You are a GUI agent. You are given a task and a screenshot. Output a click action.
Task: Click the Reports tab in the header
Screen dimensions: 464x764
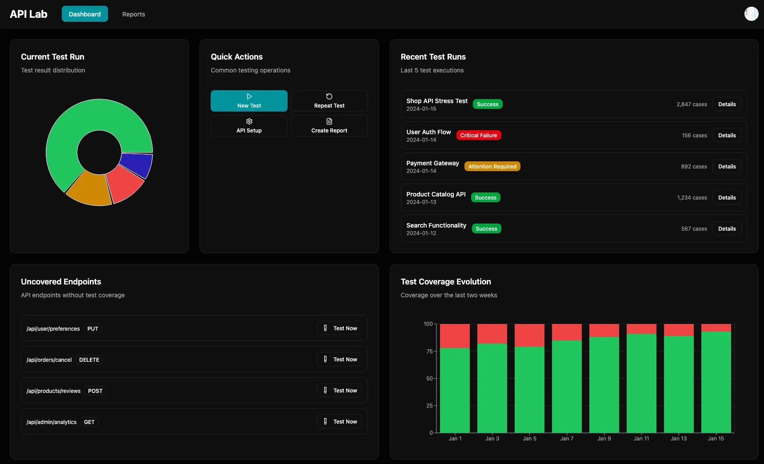click(x=133, y=14)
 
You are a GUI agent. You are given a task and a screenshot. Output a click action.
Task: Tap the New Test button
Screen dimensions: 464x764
click(x=249, y=101)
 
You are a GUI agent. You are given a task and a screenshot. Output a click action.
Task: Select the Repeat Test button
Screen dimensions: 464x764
click(x=329, y=101)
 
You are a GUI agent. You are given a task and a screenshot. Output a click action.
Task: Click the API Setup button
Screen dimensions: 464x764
click(x=249, y=126)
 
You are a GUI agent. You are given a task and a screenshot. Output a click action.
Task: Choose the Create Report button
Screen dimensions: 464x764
click(x=329, y=126)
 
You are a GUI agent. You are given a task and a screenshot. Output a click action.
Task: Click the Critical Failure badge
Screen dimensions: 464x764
click(x=478, y=136)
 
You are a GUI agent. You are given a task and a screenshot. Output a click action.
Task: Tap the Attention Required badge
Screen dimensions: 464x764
click(x=492, y=167)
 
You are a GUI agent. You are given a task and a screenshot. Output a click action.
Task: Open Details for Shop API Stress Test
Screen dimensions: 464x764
click(x=727, y=104)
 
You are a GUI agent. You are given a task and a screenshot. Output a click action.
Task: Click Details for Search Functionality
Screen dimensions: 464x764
click(x=727, y=229)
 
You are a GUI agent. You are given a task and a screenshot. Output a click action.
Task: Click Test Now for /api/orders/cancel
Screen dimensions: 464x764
click(x=340, y=360)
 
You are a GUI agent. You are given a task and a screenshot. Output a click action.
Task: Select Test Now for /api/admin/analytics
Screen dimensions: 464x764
click(x=340, y=422)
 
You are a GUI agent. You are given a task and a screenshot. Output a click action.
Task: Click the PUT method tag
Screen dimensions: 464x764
click(x=92, y=329)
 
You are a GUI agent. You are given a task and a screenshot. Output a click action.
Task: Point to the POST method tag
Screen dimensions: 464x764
click(x=95, y=391)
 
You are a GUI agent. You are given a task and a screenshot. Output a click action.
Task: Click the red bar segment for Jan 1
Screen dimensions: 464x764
click(x=455, y=336)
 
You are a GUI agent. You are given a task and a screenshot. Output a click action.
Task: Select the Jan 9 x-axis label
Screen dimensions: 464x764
click(x=604, y=439)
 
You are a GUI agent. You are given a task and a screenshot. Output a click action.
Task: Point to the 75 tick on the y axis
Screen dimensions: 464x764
click(x=429, y=352)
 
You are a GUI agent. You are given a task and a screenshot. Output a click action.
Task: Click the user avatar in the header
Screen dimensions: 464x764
click(x=751, y=14)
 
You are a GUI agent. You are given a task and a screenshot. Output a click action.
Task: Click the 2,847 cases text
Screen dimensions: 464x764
click(x=692, y=104)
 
